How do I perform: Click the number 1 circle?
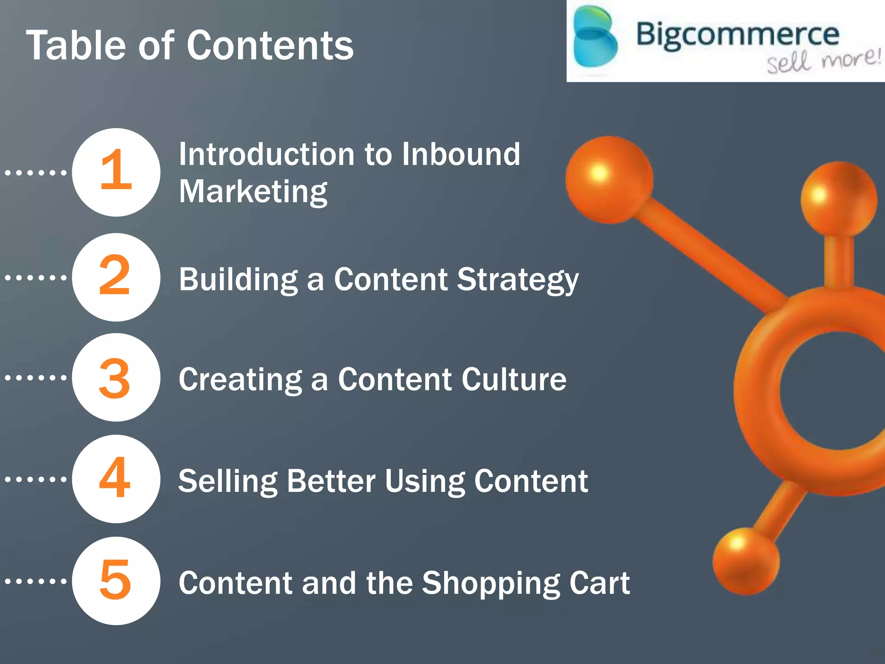pos(116,172)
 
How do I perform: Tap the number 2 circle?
pos(116,277)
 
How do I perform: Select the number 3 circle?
pos(116,377)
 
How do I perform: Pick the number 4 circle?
pos(116,479)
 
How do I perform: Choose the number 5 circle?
pos(116,581)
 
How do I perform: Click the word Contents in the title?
pos(270,45)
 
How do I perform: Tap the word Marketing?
pos(253,192)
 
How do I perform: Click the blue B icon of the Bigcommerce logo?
pos(595,41)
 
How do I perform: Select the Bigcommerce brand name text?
pos(737,35)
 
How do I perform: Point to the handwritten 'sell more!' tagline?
pos(823,61)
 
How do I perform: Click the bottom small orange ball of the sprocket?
pos(745,561)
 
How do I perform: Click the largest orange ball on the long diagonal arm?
pos(609,179)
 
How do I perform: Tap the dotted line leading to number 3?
pos(36,377)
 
